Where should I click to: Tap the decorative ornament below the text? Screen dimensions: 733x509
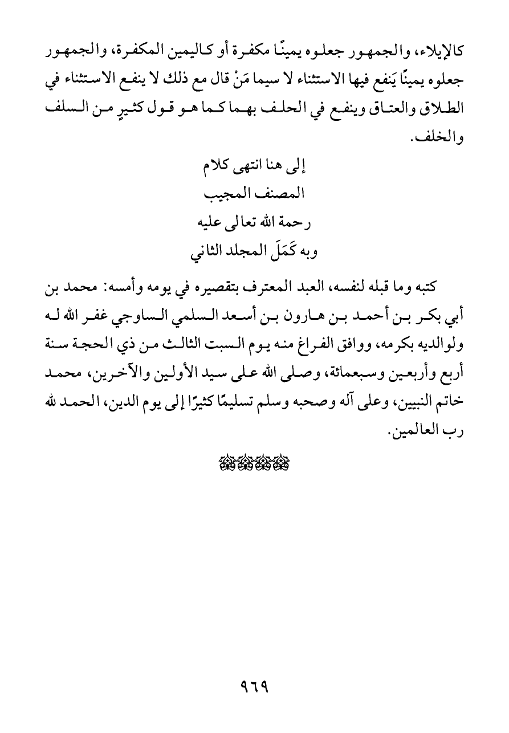(254, 463)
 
